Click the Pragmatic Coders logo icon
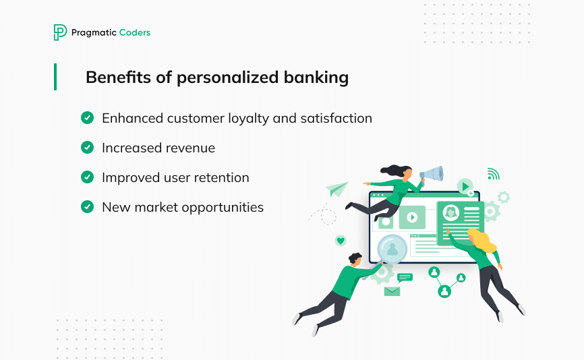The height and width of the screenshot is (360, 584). click(x=60, y=32)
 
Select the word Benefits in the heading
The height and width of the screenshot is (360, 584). click(x=111, y=78)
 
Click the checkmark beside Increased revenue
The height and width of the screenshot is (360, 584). click(x=87, y=148)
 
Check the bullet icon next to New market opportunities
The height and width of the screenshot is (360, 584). click(x=87, y=207)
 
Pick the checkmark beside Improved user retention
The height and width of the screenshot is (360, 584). click(x=87, y=177)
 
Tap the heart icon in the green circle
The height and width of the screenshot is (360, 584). click(x=341, y=240)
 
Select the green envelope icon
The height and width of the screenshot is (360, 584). click(x=392, y=291)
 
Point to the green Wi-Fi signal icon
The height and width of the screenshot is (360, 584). click(x=493, y=175)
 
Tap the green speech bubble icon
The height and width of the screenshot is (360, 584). click(x=405, y=277)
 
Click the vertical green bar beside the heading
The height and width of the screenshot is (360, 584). click(x=55, y=77)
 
